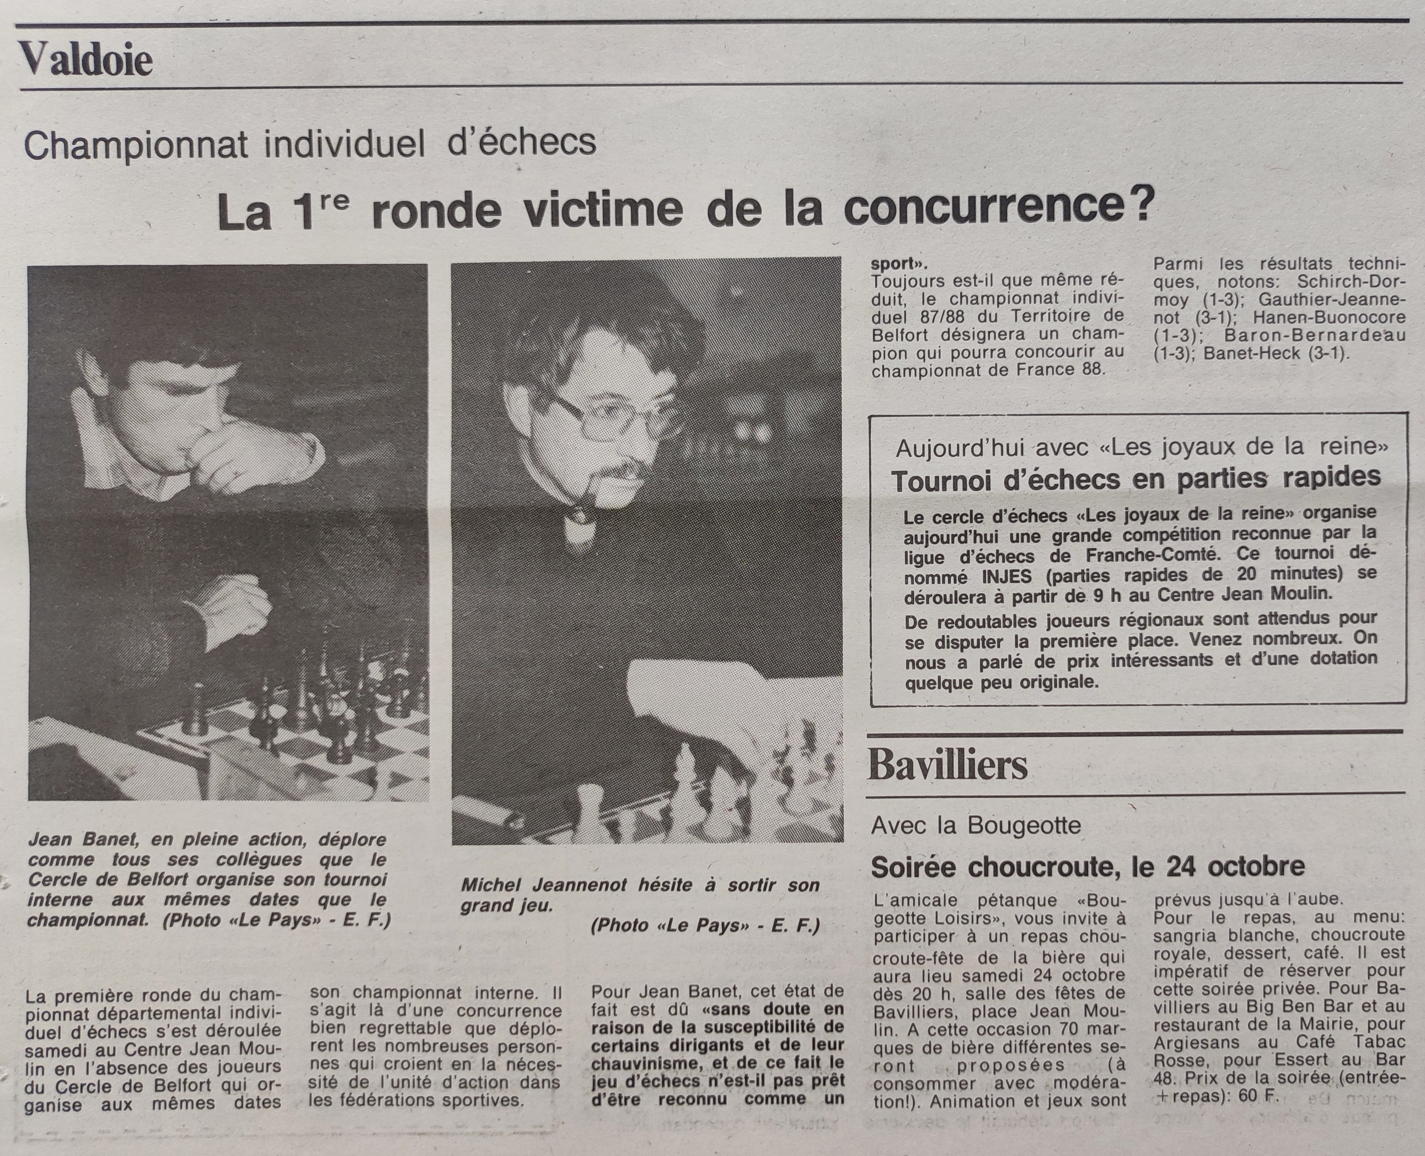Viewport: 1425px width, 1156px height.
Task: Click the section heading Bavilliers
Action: pyautogui.click(x=947, y=766)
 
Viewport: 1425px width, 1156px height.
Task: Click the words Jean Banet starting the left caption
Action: pyautogui.click(x=75, y=839)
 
